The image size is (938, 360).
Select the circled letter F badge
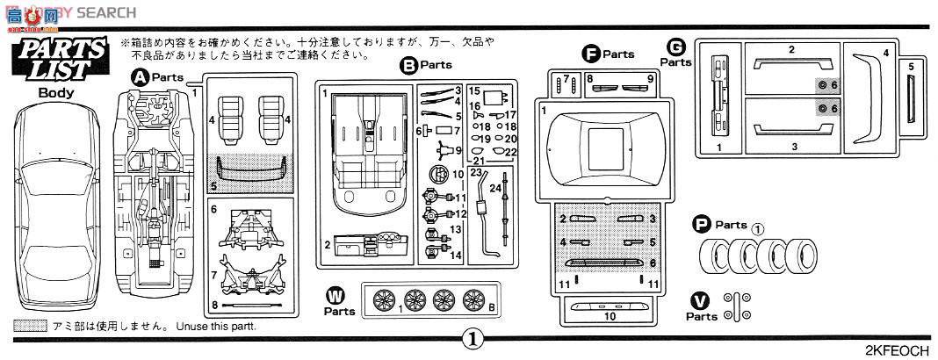tap(592, 54)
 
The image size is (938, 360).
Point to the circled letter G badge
tap(675, 47)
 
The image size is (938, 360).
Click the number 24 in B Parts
tap(495, 187)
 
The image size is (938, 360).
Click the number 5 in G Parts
tap(911, 66)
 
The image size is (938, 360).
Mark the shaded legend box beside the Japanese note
tap(31, 326)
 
